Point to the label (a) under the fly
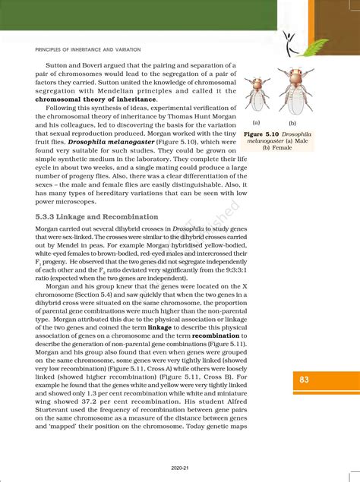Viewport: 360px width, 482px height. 257,121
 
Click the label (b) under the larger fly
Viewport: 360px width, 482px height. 292,121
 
